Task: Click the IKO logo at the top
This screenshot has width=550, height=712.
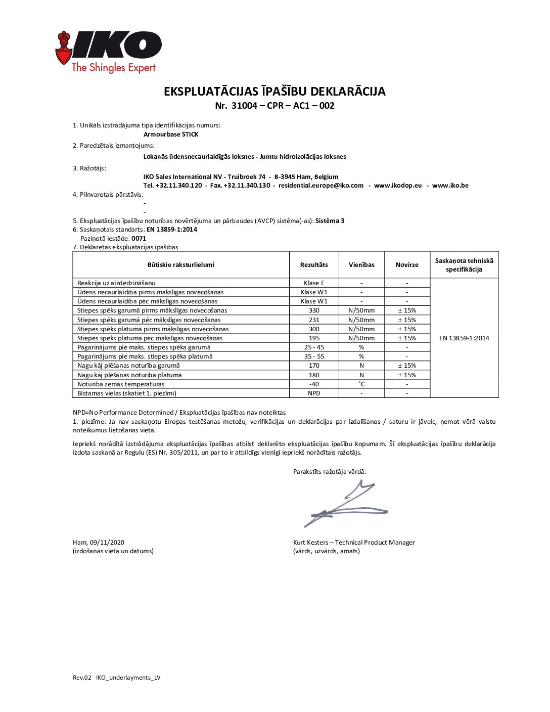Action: point(108,52)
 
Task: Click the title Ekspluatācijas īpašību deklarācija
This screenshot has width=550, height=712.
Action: point(274,92)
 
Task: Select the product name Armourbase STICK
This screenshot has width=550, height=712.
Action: point(171,135)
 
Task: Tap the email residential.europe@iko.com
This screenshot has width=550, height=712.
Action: point(321,186)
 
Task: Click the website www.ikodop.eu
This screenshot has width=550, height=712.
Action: point(398,186)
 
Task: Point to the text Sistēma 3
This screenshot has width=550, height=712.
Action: point(330,221)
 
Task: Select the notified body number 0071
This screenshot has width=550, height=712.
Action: point(139,239)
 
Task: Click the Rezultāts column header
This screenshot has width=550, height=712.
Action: point(314,265)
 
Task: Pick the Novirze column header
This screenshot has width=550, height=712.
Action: point(407,265)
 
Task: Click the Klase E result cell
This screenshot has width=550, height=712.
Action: point(314,283)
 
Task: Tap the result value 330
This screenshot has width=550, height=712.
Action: point(314,310)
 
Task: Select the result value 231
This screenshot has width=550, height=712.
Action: point(314,320)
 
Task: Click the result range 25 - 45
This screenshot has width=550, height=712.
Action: point(314,347)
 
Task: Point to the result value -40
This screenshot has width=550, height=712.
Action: point(314,384)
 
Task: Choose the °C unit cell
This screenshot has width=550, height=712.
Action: point(361,384)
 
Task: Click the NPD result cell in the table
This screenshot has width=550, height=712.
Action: point(314,393)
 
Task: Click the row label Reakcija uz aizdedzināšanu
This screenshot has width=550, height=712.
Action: point(116,283)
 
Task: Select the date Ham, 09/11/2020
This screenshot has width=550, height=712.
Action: point(99,543)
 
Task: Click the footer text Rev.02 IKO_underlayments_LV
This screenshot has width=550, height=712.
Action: point(117,678)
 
